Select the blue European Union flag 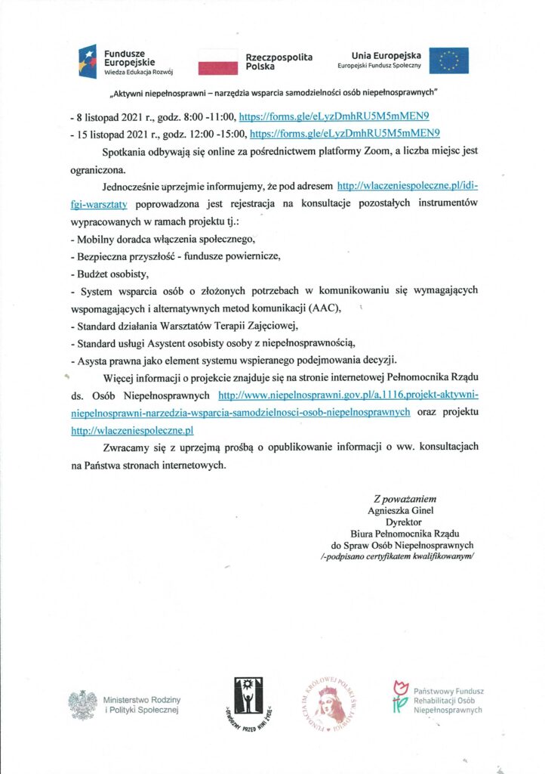pos(448,60)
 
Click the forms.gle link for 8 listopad pos(334,118)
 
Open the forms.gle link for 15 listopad pos(344,134)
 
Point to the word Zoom pos(397,151)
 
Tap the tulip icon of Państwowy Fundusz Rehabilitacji pos(400,697)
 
